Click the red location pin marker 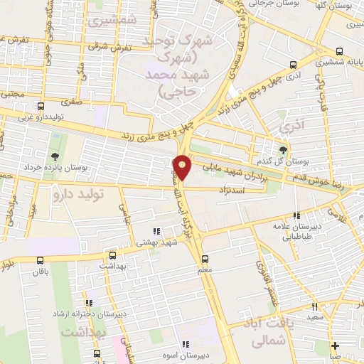pos(183,167)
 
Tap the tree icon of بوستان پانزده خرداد pos(55,156)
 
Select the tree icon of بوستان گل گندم pos(283,149)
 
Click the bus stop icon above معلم pos(205,259)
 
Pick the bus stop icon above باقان pos(40,260)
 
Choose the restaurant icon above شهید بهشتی pos(156,230)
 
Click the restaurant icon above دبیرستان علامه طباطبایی pos(296,215)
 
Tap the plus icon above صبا pos(335,346)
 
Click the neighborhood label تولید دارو pos(80,193)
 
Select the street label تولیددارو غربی pos(43,114)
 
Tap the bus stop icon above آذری pos(293,64)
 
